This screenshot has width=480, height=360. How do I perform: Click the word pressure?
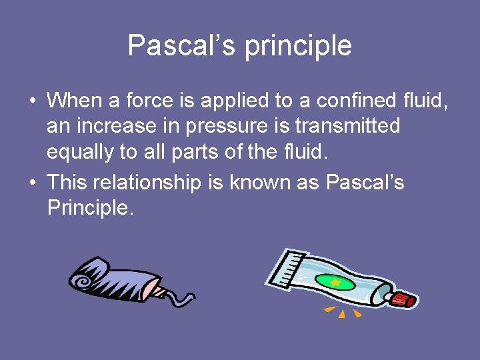coord(237,127)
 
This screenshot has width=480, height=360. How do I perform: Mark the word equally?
coord(79,153)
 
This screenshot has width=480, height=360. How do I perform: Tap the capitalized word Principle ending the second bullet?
coord(90,208)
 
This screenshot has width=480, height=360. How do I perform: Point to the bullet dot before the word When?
coord(33,101)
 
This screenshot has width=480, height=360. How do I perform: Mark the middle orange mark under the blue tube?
coord(342,313)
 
